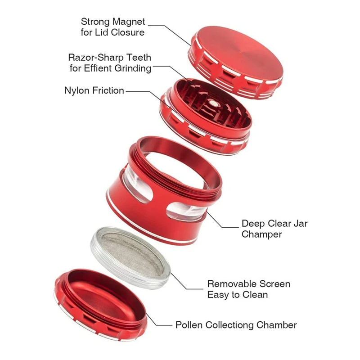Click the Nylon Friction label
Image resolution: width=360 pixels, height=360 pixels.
(x=94, y=90)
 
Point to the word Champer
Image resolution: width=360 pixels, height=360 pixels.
(x=261, y=234)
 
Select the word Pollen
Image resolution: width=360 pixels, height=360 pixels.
(x=188, y=325)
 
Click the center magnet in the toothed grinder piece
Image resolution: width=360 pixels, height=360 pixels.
(x=213, y=103)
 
